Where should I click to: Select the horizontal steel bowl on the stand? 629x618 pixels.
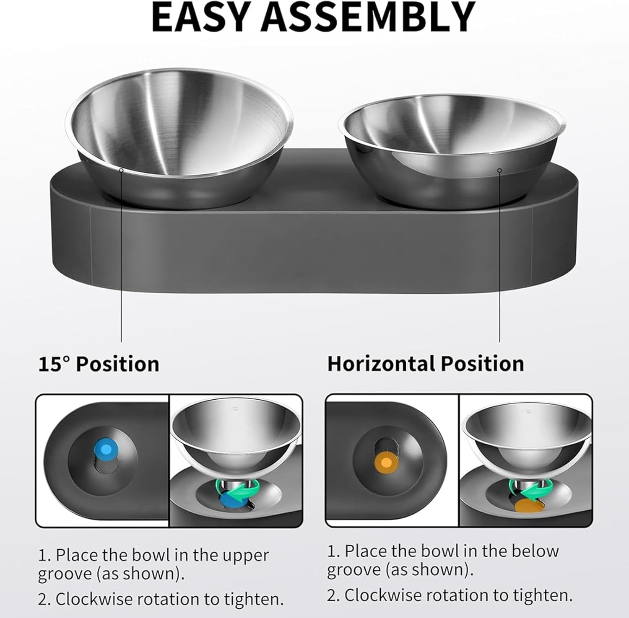tap(453, 142)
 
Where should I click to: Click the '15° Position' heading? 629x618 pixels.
tap(99, 364)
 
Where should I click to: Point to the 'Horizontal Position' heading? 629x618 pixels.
tap(425, 363)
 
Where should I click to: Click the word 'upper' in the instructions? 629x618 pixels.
tap(245, 556)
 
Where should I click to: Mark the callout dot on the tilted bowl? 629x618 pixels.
tap(121, 170)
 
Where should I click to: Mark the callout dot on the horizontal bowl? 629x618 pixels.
tap(499, 170)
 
